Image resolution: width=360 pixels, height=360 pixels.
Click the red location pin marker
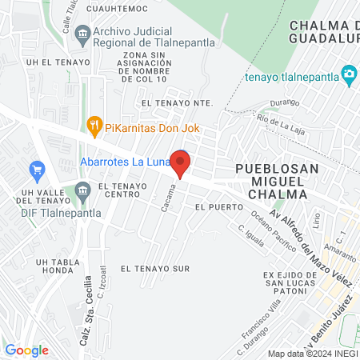click(x=181, y=163)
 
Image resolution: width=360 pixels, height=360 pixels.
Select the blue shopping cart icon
click(x=35, y=170)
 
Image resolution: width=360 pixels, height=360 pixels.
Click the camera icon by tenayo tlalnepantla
click(x=349, y=75)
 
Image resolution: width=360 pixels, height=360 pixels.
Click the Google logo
click(x=26, y=350)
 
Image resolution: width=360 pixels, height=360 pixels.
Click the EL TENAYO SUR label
click(x=155, y=269)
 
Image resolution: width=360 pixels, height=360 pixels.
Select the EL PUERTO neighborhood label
click(x=212, y=206)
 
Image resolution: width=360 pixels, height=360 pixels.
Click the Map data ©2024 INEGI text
click(x=311, y=354)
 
